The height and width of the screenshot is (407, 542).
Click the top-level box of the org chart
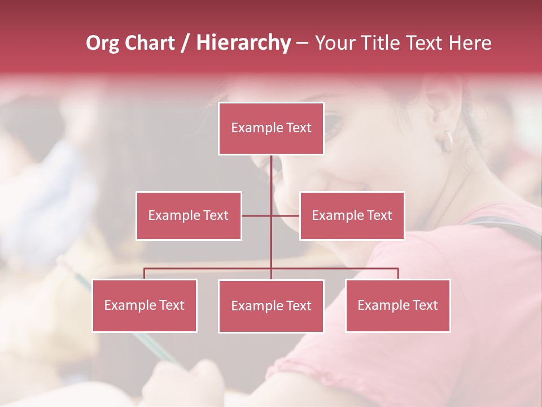coord(271,128)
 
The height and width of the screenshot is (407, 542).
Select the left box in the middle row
coord(189,215)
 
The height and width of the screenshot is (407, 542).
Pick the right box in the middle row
coord(352,215)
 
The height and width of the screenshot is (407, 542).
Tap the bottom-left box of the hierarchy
coord(145,305)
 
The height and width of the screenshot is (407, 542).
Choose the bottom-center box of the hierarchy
coord(271,306)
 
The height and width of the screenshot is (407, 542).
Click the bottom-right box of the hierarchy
coord(397,305)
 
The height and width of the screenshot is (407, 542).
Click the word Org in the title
coord(102,43)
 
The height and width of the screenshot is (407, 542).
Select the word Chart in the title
coord(150,43)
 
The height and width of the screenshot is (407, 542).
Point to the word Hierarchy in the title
coord(243,43)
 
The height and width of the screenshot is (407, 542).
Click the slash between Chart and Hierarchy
coord(185,44)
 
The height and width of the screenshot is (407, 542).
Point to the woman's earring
coord(448,141)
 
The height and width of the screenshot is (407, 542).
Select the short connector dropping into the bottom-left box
coord(145,274)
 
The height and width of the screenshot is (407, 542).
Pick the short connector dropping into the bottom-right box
coord(398,274)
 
